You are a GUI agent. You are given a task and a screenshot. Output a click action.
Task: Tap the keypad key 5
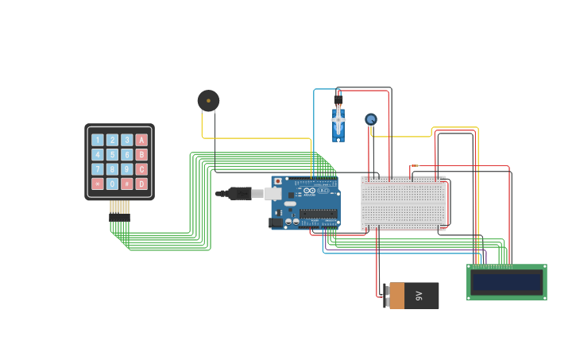(112, 155)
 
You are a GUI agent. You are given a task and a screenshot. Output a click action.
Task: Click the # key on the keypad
(127, 184)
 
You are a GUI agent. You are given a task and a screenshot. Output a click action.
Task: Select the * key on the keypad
(98, 184)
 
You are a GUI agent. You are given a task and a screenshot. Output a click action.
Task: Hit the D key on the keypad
(141, 184)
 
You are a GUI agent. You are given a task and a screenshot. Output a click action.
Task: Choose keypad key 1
(98, 140)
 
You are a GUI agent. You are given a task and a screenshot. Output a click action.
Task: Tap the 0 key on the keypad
(112, 184)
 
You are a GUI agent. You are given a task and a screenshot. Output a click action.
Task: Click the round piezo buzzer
(208, 100)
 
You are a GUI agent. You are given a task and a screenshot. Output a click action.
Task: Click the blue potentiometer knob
(370, 119)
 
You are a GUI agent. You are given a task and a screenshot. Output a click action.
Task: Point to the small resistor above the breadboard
(414, 166)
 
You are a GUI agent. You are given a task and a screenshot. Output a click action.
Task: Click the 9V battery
(412, 296)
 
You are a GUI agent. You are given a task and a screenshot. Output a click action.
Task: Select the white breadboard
(404, 203)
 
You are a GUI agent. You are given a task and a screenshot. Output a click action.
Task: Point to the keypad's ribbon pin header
(119, 211)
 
